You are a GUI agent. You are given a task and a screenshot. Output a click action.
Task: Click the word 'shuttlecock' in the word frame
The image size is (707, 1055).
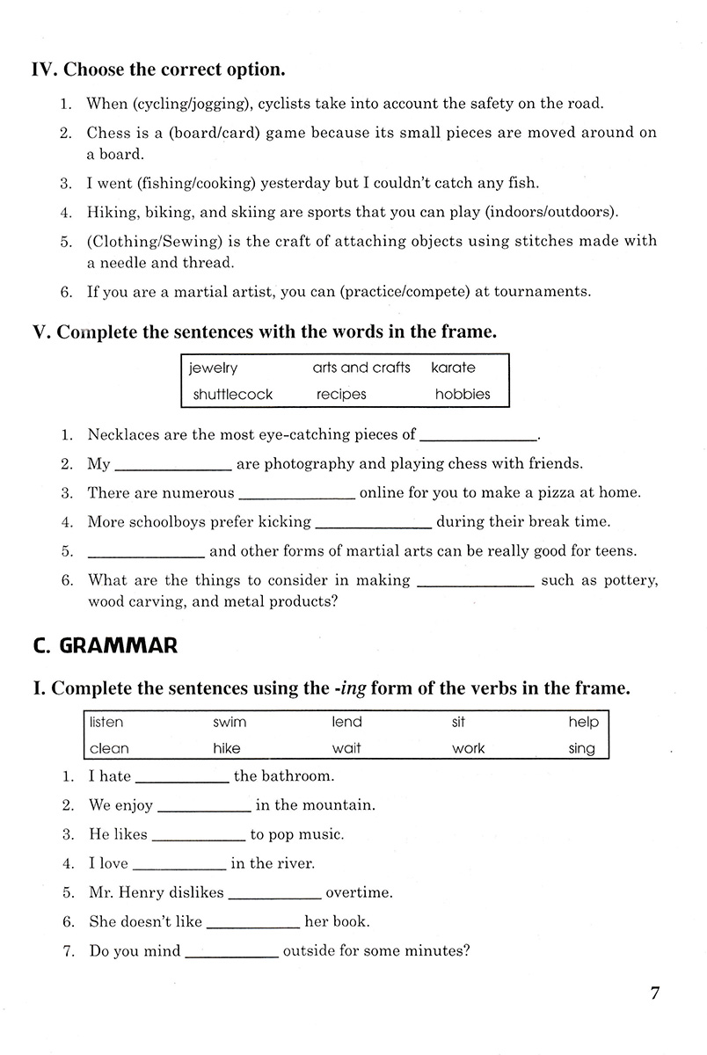[232, 395]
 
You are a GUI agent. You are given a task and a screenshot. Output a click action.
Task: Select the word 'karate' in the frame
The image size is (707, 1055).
[452, 367]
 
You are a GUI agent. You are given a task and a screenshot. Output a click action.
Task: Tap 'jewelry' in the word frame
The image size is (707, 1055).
[213, 368]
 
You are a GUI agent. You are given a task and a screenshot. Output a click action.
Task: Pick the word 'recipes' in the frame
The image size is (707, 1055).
[341, 395]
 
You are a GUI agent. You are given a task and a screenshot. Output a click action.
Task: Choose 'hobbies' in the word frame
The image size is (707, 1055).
[463, 395]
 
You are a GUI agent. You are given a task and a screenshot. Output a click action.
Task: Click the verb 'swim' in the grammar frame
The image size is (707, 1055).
[230, 722]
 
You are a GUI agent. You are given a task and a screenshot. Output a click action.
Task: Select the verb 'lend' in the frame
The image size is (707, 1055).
[346, 722]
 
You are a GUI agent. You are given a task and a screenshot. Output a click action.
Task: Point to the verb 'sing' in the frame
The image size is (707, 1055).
[581, 749]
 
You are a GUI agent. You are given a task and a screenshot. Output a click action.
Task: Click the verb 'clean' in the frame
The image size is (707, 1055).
[108, 749]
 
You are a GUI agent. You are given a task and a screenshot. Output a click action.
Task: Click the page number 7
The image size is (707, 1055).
[654, 994]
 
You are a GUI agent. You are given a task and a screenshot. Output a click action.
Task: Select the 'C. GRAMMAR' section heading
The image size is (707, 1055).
[105, 646]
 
